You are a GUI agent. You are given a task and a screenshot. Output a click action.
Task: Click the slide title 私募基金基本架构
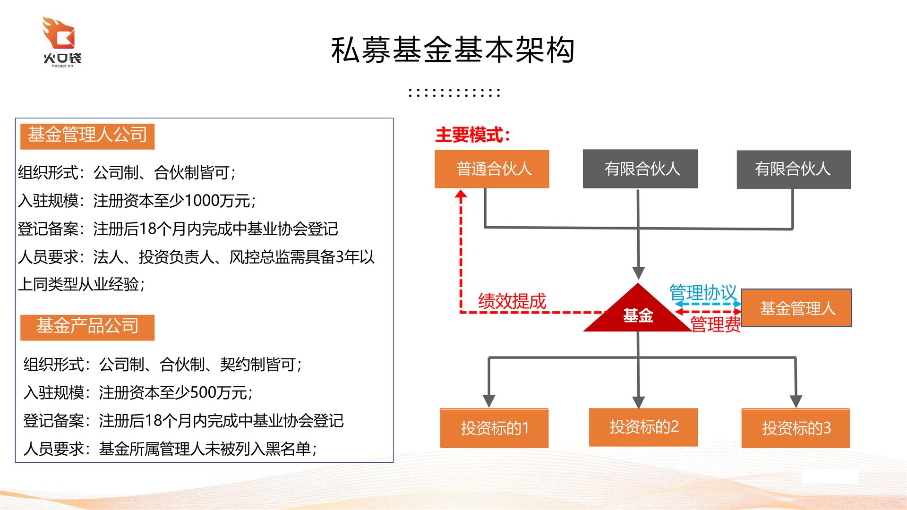tap(453, 50)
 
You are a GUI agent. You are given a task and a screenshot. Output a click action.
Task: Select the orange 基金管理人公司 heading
tap(87, 136)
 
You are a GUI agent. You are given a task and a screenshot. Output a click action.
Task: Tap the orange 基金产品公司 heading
tap(87, 326)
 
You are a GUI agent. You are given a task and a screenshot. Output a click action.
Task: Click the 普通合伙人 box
tap(492, 169)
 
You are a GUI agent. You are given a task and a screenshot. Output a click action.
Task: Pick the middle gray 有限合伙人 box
tap(640, 169)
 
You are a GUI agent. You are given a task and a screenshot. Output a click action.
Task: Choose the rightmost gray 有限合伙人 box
tap(794, 170)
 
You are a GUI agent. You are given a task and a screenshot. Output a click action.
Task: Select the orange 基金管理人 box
tap(796, 308)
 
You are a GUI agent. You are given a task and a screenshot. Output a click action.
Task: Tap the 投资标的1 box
tap(494, 428)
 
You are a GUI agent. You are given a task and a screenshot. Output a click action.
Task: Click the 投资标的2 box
tap(643, 427)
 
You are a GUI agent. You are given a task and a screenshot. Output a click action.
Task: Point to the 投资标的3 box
tap(796, 428)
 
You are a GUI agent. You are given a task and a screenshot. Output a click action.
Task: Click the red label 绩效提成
tap(512, 301)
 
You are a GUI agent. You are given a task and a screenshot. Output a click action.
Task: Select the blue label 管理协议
tap(703, 292)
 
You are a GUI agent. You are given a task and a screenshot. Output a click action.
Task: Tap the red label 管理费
tap(715, 324)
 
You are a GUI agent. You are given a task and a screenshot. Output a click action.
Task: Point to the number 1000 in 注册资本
tap(202, 201)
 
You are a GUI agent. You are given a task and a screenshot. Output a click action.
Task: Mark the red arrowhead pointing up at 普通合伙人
tap(461, 195)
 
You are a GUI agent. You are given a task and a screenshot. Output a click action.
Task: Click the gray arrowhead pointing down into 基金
tap(638, 273)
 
